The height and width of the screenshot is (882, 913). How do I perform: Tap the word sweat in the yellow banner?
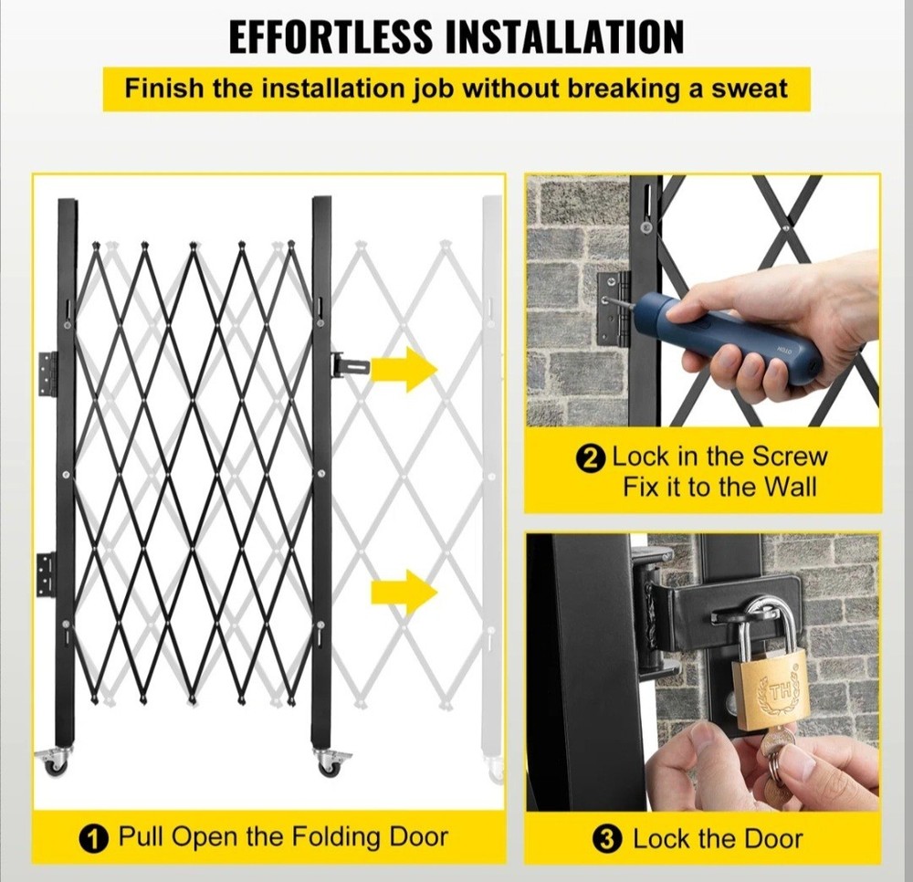[745, 90]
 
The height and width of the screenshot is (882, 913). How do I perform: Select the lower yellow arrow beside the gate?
[404, 592]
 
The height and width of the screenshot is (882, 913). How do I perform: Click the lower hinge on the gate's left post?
[46, 572]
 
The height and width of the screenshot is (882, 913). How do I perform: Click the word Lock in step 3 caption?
[659, 838]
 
